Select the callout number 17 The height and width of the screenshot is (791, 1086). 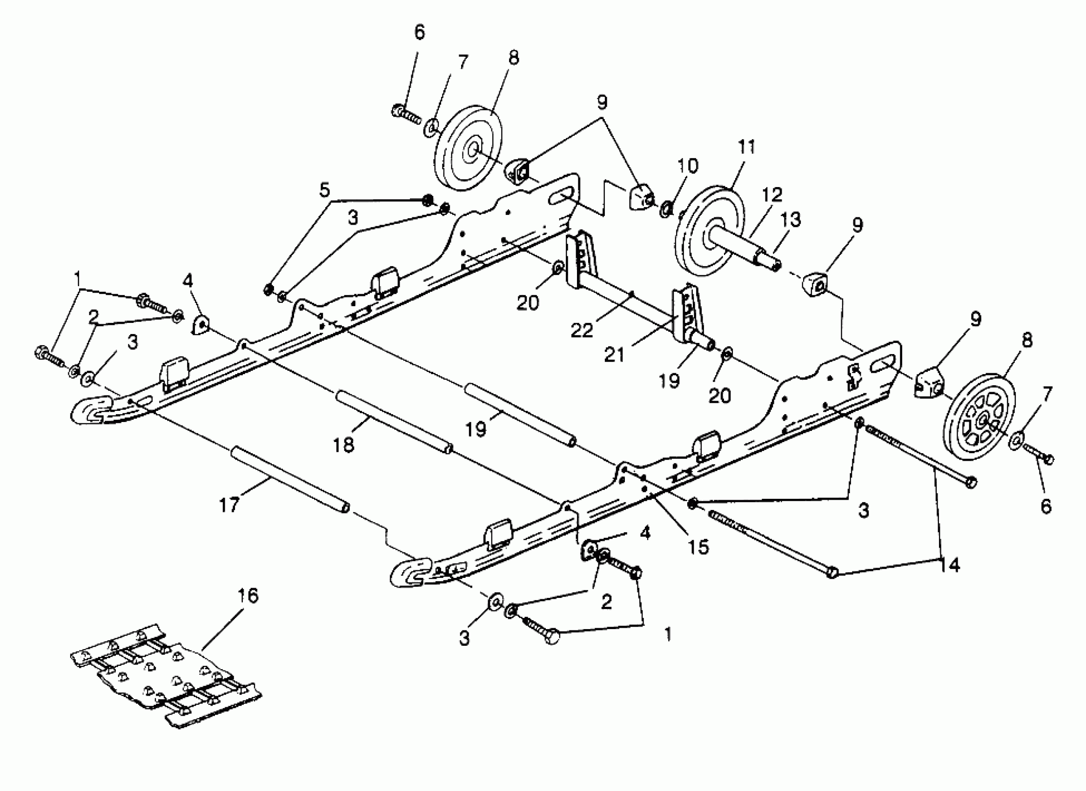[229, 505]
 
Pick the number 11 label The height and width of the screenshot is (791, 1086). [746, 147]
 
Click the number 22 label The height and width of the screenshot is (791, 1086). [582, 330]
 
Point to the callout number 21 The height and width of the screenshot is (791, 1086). [614, 355]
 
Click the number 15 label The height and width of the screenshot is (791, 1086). [698, 546]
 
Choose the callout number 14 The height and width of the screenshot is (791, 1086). [950, 565]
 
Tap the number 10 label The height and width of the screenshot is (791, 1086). [688, 166]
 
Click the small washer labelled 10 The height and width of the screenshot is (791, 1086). [665, 209]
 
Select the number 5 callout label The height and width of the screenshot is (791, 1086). [325, 190]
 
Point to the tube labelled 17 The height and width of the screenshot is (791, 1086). [290, 480]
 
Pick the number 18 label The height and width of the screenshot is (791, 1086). [344, 445]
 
